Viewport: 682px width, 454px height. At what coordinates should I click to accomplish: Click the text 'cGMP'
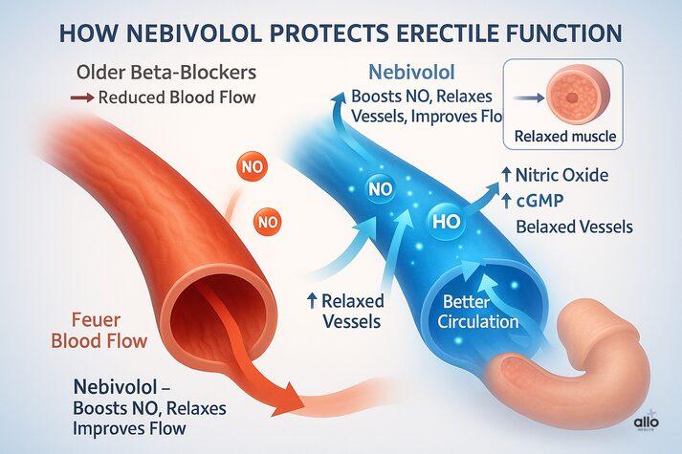(x=545, y=200)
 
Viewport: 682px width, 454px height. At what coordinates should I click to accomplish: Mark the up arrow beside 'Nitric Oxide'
(x=504, y=176)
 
